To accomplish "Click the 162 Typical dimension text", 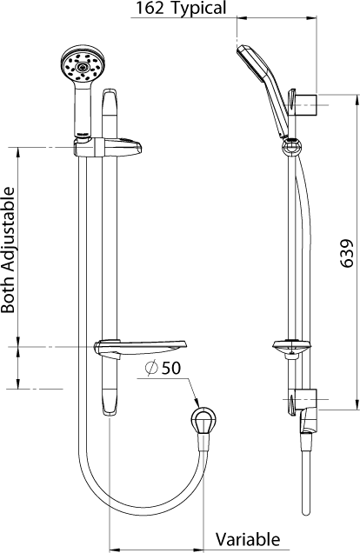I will (180, 9).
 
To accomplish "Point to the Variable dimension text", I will (248, 539).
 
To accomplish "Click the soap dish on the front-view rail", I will (139, 348).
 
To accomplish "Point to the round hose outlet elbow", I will (203, 422).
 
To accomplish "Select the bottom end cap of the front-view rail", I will (109, 402).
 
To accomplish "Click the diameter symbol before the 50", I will (151, 369).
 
